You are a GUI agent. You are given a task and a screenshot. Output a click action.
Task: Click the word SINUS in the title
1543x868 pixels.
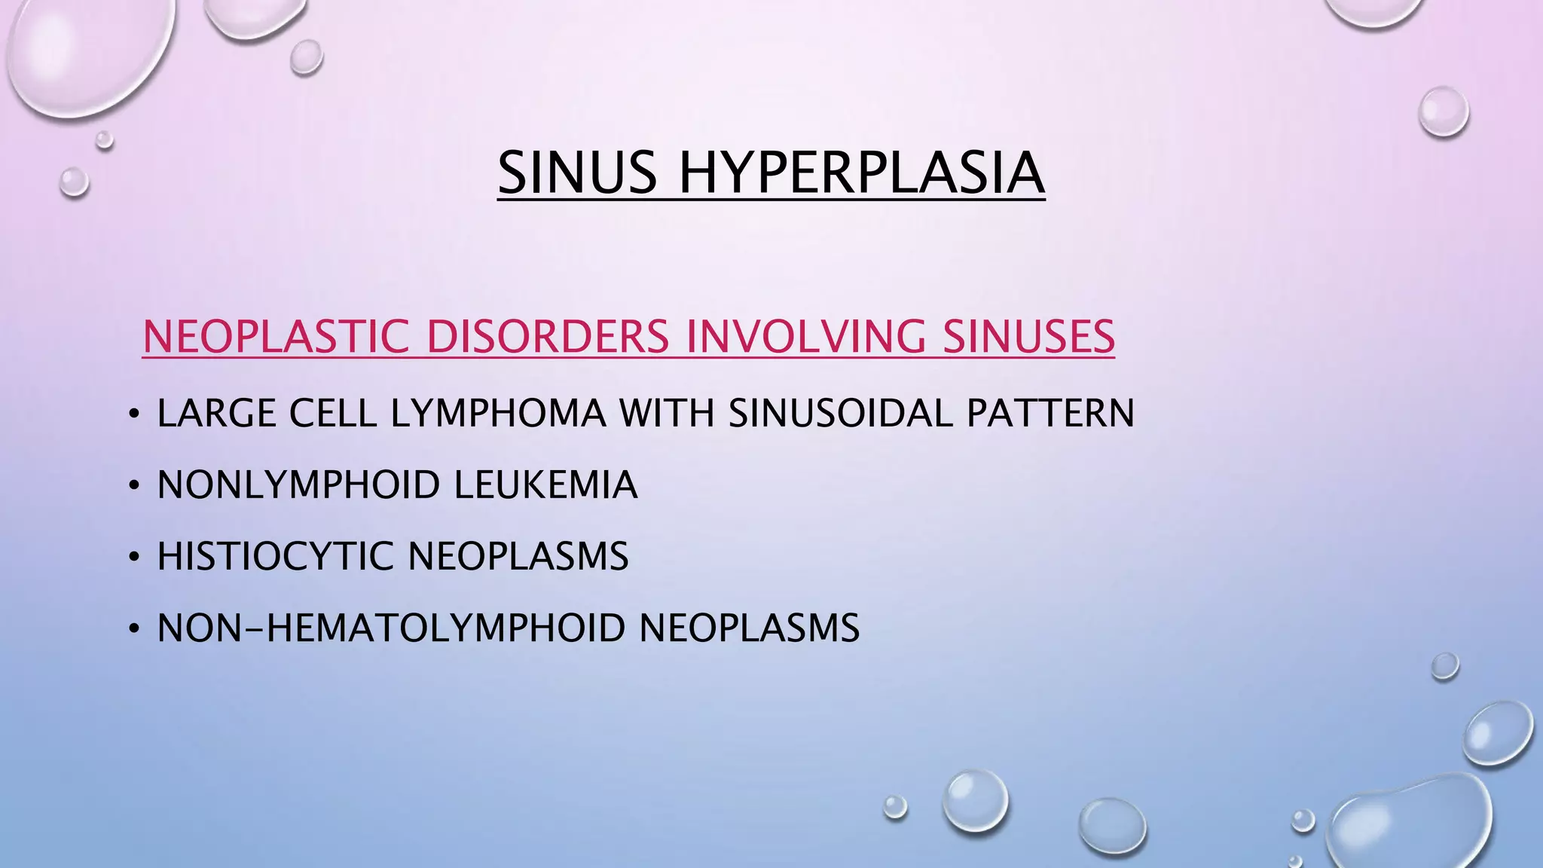click(x=577, y=173)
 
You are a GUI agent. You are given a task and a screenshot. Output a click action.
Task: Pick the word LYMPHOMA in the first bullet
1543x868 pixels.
click(x=498, y=413)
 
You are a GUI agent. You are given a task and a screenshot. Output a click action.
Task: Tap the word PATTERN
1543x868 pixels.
click(x=1050, y=413)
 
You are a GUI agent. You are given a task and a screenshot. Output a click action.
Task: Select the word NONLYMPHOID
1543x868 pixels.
click(x=298, y=484)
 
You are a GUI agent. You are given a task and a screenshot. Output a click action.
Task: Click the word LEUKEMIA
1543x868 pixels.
click(x=545, y=484)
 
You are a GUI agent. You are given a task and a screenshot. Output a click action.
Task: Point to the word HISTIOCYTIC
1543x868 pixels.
click(x=275, y=557)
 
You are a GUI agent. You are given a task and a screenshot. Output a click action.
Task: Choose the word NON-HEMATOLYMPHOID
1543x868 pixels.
click(x=391, y=628)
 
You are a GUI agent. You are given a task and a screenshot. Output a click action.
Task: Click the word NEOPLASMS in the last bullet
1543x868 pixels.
click(x=749, y=628)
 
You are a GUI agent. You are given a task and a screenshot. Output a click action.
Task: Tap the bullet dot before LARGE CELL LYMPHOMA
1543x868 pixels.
click(x=134, y=414)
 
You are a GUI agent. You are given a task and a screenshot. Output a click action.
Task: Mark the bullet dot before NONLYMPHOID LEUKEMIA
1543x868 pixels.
click(x=134, y=486)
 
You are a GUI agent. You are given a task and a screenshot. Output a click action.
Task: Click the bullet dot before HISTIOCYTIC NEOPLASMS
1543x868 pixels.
click(x=134, y=558)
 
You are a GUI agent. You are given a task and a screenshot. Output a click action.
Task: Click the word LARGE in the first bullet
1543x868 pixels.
click(x=216, y=413)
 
